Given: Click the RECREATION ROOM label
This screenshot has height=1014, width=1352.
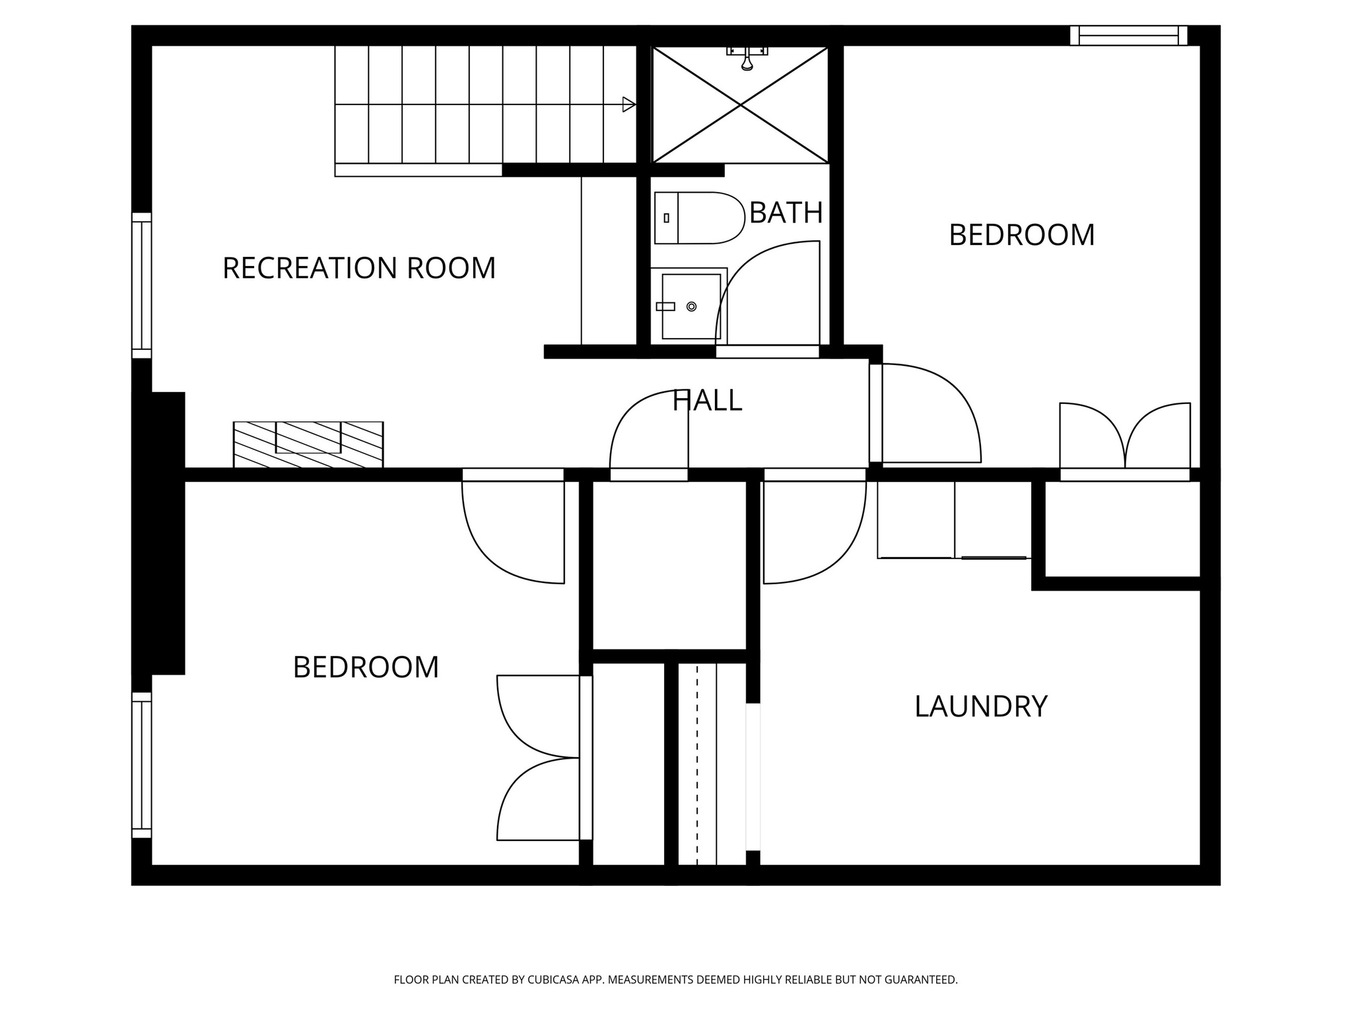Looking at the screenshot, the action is click(x=358, y=268).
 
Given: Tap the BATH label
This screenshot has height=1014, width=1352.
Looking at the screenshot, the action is click(x=786, y=213).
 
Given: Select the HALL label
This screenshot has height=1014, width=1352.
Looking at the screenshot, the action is click(x=707, y=401).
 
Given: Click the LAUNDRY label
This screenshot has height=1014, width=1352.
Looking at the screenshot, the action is click(x=980, y=706).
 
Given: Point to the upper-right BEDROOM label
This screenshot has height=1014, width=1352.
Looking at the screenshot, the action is click(x=1021, y=235).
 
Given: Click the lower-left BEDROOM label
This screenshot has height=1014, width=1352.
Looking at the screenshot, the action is click(x=366, y=667).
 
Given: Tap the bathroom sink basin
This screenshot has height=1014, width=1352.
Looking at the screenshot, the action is click(x=690, y=306).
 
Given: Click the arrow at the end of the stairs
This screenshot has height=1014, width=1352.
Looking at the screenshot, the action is click(x=628, y=104).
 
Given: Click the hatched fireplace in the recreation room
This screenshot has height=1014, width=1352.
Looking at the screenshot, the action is click(x=308, y=444).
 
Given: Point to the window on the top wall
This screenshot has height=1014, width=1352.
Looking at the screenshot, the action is click(x=1128, y=35).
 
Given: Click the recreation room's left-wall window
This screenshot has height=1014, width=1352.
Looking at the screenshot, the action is click(x=141, y=285).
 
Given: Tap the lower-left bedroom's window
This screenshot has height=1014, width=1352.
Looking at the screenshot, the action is click(x=141, y=765).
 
